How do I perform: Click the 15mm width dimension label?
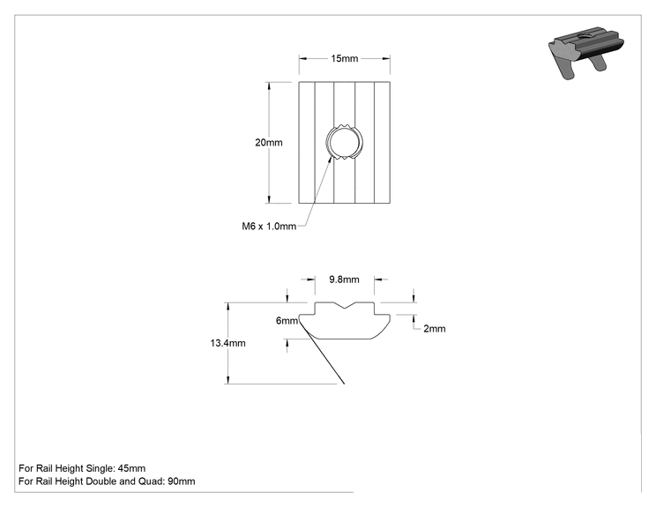pos(345,58)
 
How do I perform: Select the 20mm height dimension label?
pos(269,143)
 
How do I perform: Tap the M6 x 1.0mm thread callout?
pos(269,227)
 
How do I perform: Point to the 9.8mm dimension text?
pos(344,280)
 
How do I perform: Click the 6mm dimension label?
pos(287,320)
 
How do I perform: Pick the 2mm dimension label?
pos(435,329)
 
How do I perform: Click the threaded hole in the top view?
pos(345,143)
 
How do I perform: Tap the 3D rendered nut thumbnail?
pos(586,52)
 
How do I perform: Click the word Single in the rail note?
pos(99,469)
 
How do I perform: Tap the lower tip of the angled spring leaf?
pos(344,384)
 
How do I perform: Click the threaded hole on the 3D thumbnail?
pos(583,34)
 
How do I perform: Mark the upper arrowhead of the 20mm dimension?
pos(269,86)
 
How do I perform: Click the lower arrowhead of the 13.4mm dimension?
pos(227,380)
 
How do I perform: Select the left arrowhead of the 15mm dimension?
pos(302,58)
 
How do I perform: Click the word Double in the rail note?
pos(101,481)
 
